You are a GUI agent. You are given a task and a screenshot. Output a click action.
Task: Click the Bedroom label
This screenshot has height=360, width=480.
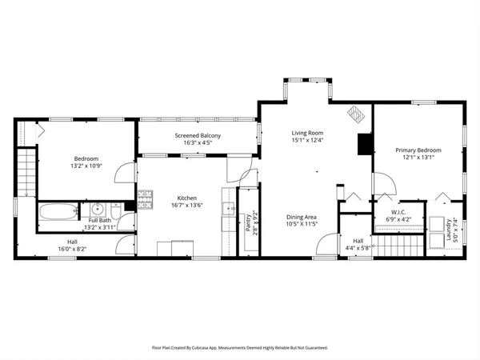pyautogui.click(x=86, y=158)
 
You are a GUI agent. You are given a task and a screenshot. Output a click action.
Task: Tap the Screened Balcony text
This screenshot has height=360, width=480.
pyautogui.click(x=198, y=136)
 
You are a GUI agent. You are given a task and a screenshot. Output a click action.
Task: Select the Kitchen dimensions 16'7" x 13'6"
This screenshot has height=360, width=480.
pyautogui.click(x=187, y=206)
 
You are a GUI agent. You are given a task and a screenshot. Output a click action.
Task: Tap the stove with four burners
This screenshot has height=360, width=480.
pyautogui.click(x=146, y=200)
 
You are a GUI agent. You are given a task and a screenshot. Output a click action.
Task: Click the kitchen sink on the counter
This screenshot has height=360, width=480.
pyautogui.click(x=230, y=211)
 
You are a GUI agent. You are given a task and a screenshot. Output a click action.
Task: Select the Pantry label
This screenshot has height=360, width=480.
pyautogui.click(x=249, y=222)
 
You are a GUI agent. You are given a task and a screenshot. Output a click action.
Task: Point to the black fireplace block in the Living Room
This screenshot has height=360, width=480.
pyautogui.click(x=365, y=143)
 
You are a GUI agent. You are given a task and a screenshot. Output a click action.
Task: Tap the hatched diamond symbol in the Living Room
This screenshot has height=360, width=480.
pyautogui.click(x=354, y=114)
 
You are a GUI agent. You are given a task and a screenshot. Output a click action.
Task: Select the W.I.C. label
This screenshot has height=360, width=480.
pyautogui.click(x=398, y=213)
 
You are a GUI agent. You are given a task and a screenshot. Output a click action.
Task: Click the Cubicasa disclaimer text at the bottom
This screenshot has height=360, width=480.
pyautogui.click(x=240, y=348)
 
